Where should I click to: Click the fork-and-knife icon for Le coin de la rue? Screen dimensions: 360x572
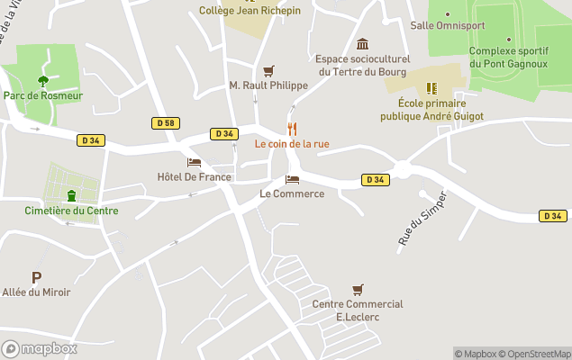(x=291, y=129)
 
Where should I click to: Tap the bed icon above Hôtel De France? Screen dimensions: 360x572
(x=194, y=163)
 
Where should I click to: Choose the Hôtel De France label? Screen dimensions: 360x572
(x=194, y=177)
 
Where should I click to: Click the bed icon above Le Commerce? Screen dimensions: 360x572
(x=292, y=179)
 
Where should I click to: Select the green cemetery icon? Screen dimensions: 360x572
(x=71, y=196)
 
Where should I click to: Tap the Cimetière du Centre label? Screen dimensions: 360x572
(x=71, y=211)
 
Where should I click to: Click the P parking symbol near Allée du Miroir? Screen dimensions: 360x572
(x=36, y=278)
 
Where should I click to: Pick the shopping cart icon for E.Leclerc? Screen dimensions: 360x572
(x=358, y=289)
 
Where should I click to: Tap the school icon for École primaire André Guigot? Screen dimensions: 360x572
(x=431, y=88)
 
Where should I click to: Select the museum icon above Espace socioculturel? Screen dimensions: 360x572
(x=362, y=44)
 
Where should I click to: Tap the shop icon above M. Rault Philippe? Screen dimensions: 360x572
(x=268, y=70)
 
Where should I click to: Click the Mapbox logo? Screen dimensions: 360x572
(x=40, y=348)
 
